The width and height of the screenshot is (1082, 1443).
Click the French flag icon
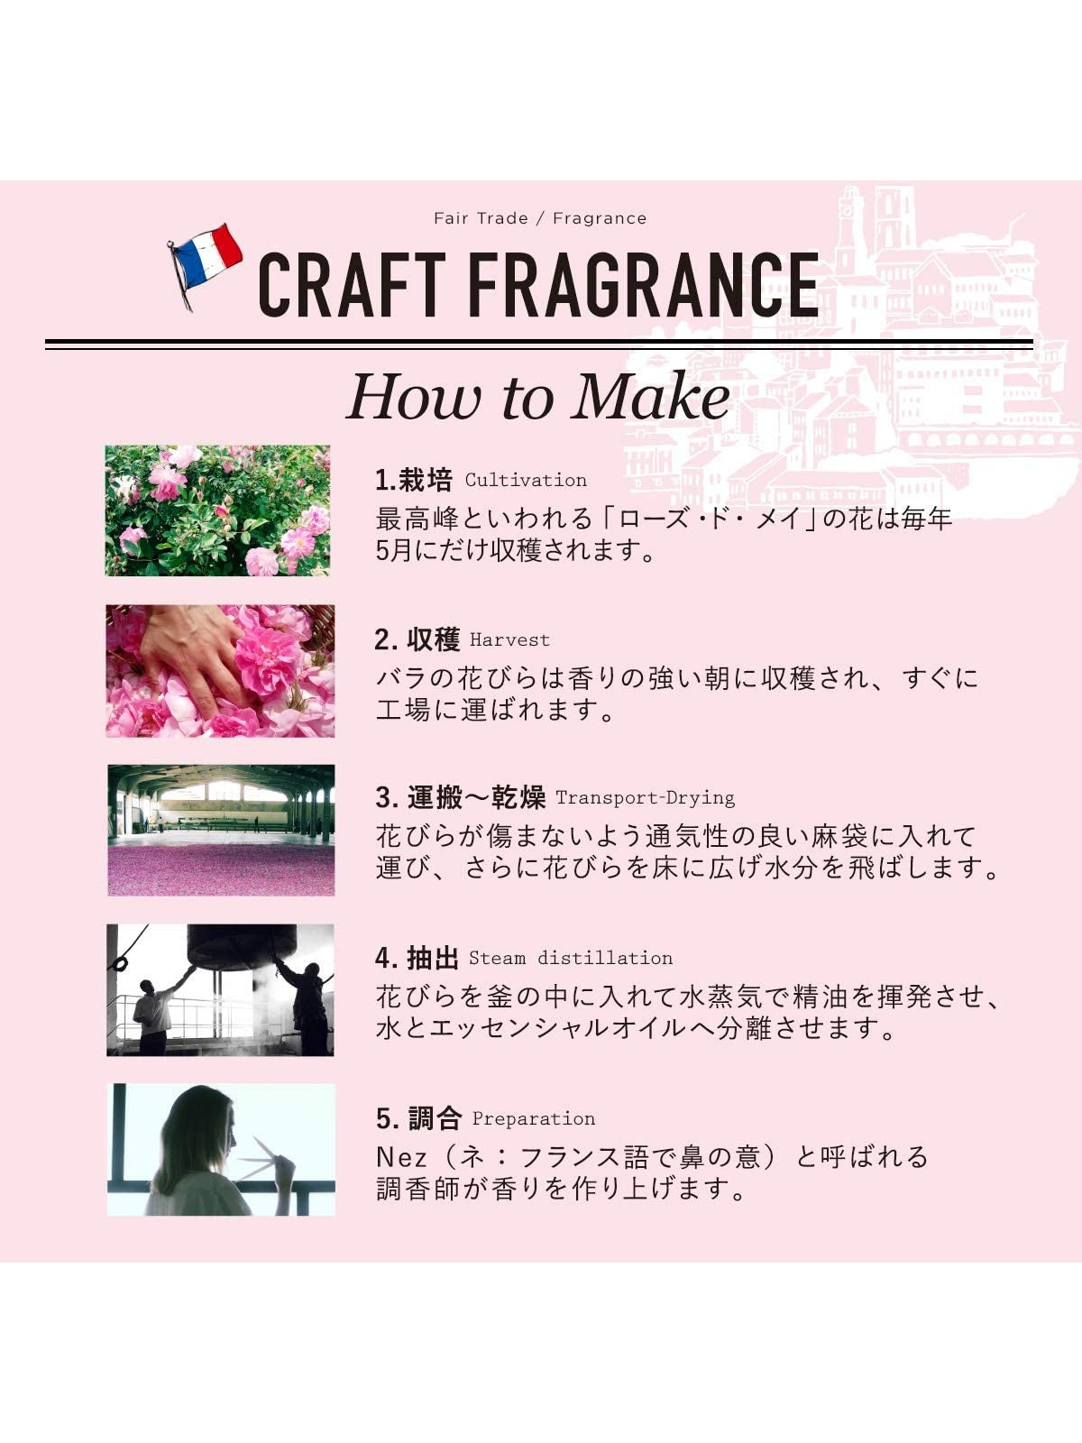[x=205, y=263]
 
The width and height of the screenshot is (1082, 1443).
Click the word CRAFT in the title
[x=352, y=285]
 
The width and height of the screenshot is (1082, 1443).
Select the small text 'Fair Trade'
[x=481, y=218]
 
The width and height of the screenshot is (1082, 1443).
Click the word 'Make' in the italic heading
[x=650, y=397]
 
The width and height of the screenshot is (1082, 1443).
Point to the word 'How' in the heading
[x=414, y=397]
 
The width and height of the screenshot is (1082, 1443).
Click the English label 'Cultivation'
[x=526, y=480]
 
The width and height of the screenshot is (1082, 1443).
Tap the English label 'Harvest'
[x=509, y=639]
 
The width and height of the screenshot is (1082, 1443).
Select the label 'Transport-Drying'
[x=645, y=798]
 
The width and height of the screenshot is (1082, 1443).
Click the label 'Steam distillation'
[x=570, y=958]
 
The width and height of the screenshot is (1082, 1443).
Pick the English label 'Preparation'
[x=534, y=1118]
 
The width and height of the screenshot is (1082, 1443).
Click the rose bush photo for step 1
[x=217, y=510]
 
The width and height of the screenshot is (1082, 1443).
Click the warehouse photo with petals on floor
[x=221, y=830]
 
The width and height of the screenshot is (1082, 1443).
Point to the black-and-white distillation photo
[x=220, y=990]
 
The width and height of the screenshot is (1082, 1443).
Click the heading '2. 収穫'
[x=417, y=639]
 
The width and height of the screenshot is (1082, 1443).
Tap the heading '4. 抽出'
[x=417, y=958]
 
